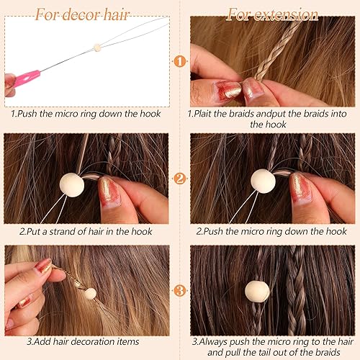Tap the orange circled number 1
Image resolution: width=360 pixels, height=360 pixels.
pyautogui.click(x=180, y=61)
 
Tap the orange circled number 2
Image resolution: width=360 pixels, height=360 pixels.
pyautogui.click(x=180, y=178)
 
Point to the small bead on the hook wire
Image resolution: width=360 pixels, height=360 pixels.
pyautogui.click(x=96, y=48)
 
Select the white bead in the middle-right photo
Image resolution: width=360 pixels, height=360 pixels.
pyautogui.click(x=263, y=181)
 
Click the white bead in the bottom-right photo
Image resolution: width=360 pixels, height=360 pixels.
pyautogui.click(x=257, y=291)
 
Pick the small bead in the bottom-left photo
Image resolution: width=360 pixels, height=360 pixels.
pyautogui.click(x=90, y=293)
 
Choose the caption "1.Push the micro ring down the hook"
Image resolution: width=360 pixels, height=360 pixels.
pyautogui.click(x=84, y=113)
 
